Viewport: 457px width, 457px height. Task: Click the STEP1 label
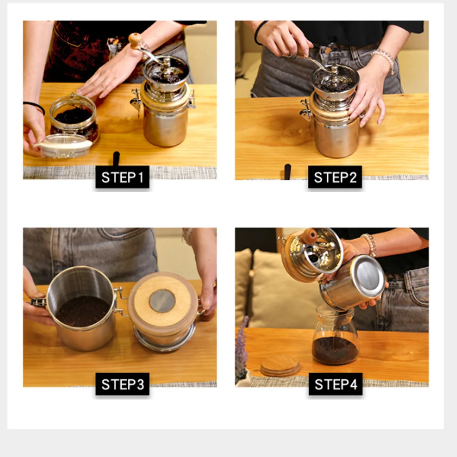[122, 177]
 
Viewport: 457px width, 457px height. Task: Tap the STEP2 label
[335, 177]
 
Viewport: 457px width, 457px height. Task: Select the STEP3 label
[122, 384]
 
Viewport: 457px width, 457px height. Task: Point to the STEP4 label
[336, 384]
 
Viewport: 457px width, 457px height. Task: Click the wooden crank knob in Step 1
[135, 41]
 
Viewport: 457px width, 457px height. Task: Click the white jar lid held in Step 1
[65, 145]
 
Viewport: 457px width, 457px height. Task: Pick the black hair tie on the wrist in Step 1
[36, 107]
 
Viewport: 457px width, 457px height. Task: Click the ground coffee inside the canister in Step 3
[83, 311]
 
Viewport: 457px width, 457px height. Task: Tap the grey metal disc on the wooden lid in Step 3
[162, 301]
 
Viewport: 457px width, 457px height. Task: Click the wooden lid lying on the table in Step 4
[280, 365]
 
